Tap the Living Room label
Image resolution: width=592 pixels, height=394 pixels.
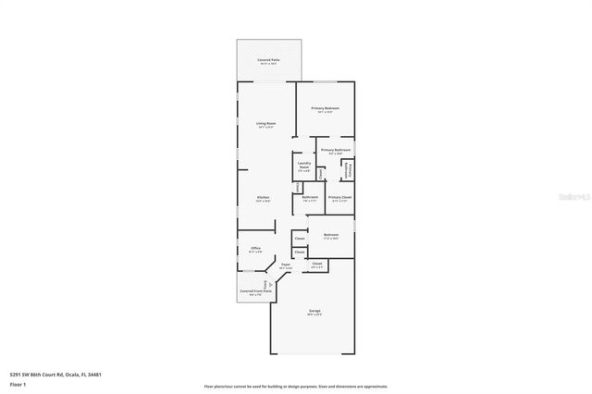pyautogui.click(x=266, y=123)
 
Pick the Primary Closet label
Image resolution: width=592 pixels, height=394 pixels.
pyautogui.click(x=339, y=197)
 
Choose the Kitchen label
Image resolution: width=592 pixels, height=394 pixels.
pyautogui.click(x=263, y=198)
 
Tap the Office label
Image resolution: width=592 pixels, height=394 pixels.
pyautogui.click(x=255, y=248)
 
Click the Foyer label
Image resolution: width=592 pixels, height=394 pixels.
pyautogui.click(x=286, y=265)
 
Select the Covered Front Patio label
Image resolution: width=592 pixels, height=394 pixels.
pyautogui.click(x=255, y=290)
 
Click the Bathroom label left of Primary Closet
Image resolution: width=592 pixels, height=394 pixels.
pyautogui.click(x=310, y=197)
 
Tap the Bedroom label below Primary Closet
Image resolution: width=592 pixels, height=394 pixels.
pyautogui.click(x=331, y=235)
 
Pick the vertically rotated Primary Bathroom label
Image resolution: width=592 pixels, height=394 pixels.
pyautogui.click(x=350, y=170)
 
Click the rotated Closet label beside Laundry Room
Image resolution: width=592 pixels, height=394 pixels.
pyautogui.click(x=320, y=173)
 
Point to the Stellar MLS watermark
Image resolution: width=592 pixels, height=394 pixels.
pyautogui.click(x=575, y=196)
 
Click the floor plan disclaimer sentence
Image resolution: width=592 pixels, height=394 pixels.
pyautogui.click(x=296, y=386)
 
